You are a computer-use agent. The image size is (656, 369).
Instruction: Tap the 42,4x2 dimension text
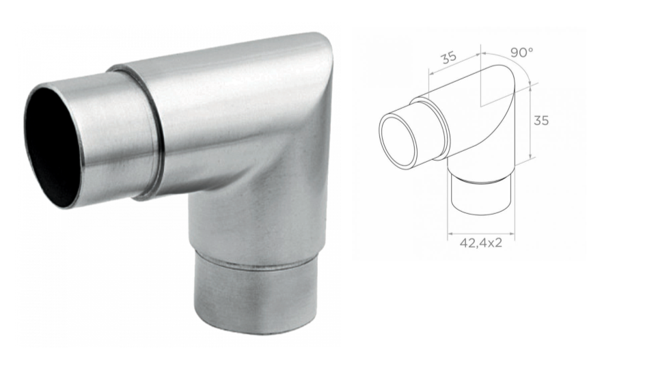(480, 243)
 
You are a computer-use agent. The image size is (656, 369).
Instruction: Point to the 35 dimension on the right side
(541, 120)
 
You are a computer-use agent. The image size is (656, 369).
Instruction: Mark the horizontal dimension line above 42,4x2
(480, 233)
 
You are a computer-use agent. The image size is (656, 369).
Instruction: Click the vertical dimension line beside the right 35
(530, 123)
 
